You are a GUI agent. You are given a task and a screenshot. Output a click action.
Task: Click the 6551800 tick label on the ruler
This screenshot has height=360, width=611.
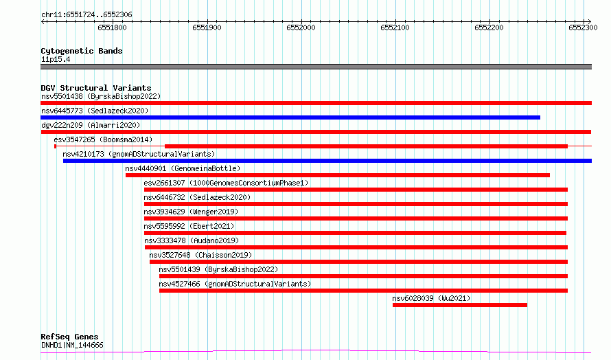112,27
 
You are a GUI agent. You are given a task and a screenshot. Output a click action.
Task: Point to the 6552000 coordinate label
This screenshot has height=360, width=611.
301,27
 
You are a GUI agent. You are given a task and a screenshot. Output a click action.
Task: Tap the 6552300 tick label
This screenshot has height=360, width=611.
583,27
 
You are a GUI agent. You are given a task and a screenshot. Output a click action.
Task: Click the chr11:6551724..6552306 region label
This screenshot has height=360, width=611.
87,15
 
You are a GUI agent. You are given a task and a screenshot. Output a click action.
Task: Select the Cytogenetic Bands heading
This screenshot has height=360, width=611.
82,51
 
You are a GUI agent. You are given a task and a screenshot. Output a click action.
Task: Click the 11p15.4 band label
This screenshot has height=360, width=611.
56,59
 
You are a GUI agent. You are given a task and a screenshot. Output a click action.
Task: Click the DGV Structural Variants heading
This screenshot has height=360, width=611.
96,88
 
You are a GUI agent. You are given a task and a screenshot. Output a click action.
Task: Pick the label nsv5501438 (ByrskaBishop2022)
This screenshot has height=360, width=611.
101,96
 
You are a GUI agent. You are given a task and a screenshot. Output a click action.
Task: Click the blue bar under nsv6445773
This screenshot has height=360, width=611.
290,117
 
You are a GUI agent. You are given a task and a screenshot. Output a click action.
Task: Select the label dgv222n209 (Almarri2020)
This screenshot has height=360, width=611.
91,125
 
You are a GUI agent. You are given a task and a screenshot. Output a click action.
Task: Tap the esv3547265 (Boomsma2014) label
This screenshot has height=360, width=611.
103,139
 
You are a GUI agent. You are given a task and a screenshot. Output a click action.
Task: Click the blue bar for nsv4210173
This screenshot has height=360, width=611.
327,161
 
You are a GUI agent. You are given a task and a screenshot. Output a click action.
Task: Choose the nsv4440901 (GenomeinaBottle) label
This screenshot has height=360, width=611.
183,168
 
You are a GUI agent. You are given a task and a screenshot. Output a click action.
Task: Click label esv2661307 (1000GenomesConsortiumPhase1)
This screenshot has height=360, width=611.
226,183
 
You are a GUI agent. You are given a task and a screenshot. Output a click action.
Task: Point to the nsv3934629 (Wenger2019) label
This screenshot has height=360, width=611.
191,212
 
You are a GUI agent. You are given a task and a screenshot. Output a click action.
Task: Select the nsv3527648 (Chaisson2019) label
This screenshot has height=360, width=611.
200,255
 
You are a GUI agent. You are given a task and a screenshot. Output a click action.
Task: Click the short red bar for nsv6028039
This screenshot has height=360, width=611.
460,305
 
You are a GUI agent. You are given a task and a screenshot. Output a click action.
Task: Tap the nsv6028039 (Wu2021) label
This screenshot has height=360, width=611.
431,298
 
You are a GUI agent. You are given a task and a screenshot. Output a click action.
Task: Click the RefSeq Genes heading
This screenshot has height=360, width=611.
70,337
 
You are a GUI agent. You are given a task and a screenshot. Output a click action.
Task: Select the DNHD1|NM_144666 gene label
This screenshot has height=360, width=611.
73,345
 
